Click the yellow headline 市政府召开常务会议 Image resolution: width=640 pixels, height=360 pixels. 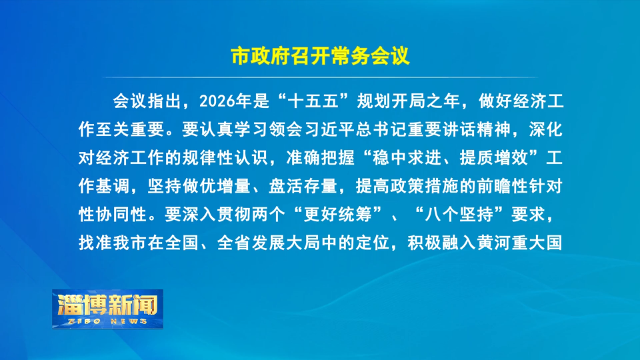[x=320, y=56]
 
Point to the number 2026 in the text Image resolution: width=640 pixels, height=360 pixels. [x=217, y=101]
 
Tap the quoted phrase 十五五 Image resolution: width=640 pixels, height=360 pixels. [x=313, y=101]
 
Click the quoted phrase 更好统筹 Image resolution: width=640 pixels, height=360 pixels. [x=337, y=214]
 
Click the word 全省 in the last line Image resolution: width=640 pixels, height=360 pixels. [x=234, y=243]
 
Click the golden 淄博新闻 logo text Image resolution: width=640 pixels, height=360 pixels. [x=108, y=305]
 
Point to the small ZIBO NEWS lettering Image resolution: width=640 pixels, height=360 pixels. [x=108, y=321]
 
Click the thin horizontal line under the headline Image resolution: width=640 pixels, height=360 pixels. [x=320, y=77]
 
